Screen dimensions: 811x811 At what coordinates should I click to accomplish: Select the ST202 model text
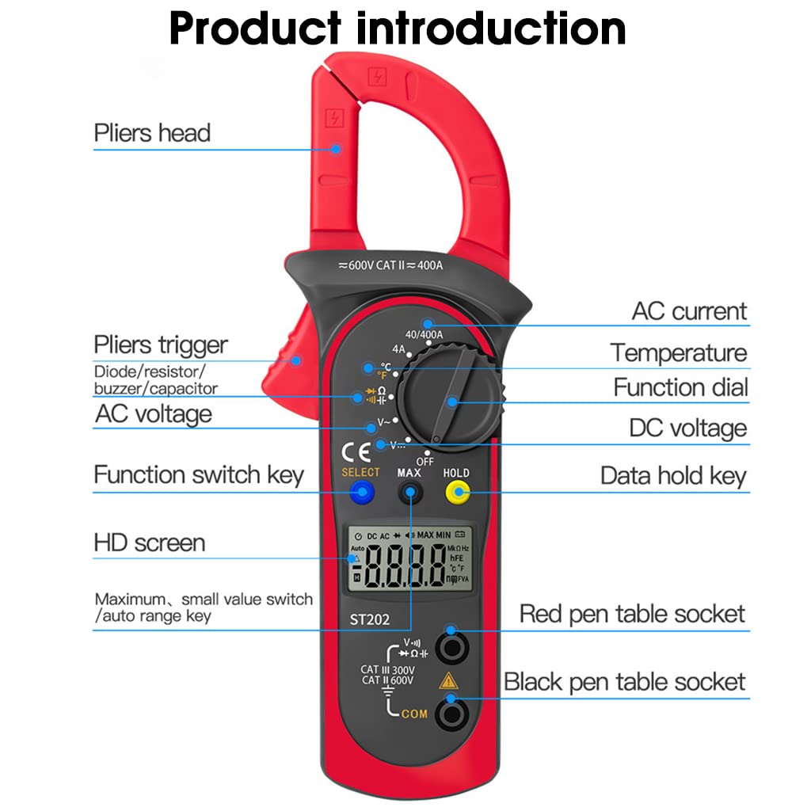pyautogui.click(x=371, y=619)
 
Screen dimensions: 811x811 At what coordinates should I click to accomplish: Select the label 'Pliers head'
pyautogui.click(x=152, y=132)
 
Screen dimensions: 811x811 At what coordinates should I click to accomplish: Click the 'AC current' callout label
pyautogui.click(x=689, y=311)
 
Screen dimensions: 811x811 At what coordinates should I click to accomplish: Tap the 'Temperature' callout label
pyautogui.click(x=679, y=352)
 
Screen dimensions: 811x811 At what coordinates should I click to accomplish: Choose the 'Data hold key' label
pyautogui.click(x=673, y=475)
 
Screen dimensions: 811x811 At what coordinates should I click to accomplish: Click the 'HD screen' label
pyautogui.click(x=149, y=543)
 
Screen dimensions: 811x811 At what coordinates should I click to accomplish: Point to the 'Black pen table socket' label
pyautogui.click(x=625, y=682)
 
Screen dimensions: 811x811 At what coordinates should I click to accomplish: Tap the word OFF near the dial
pyautogui.click(x=425, y=460)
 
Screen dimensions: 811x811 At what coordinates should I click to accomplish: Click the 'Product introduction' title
pyautogui.click(x=398, y=29)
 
